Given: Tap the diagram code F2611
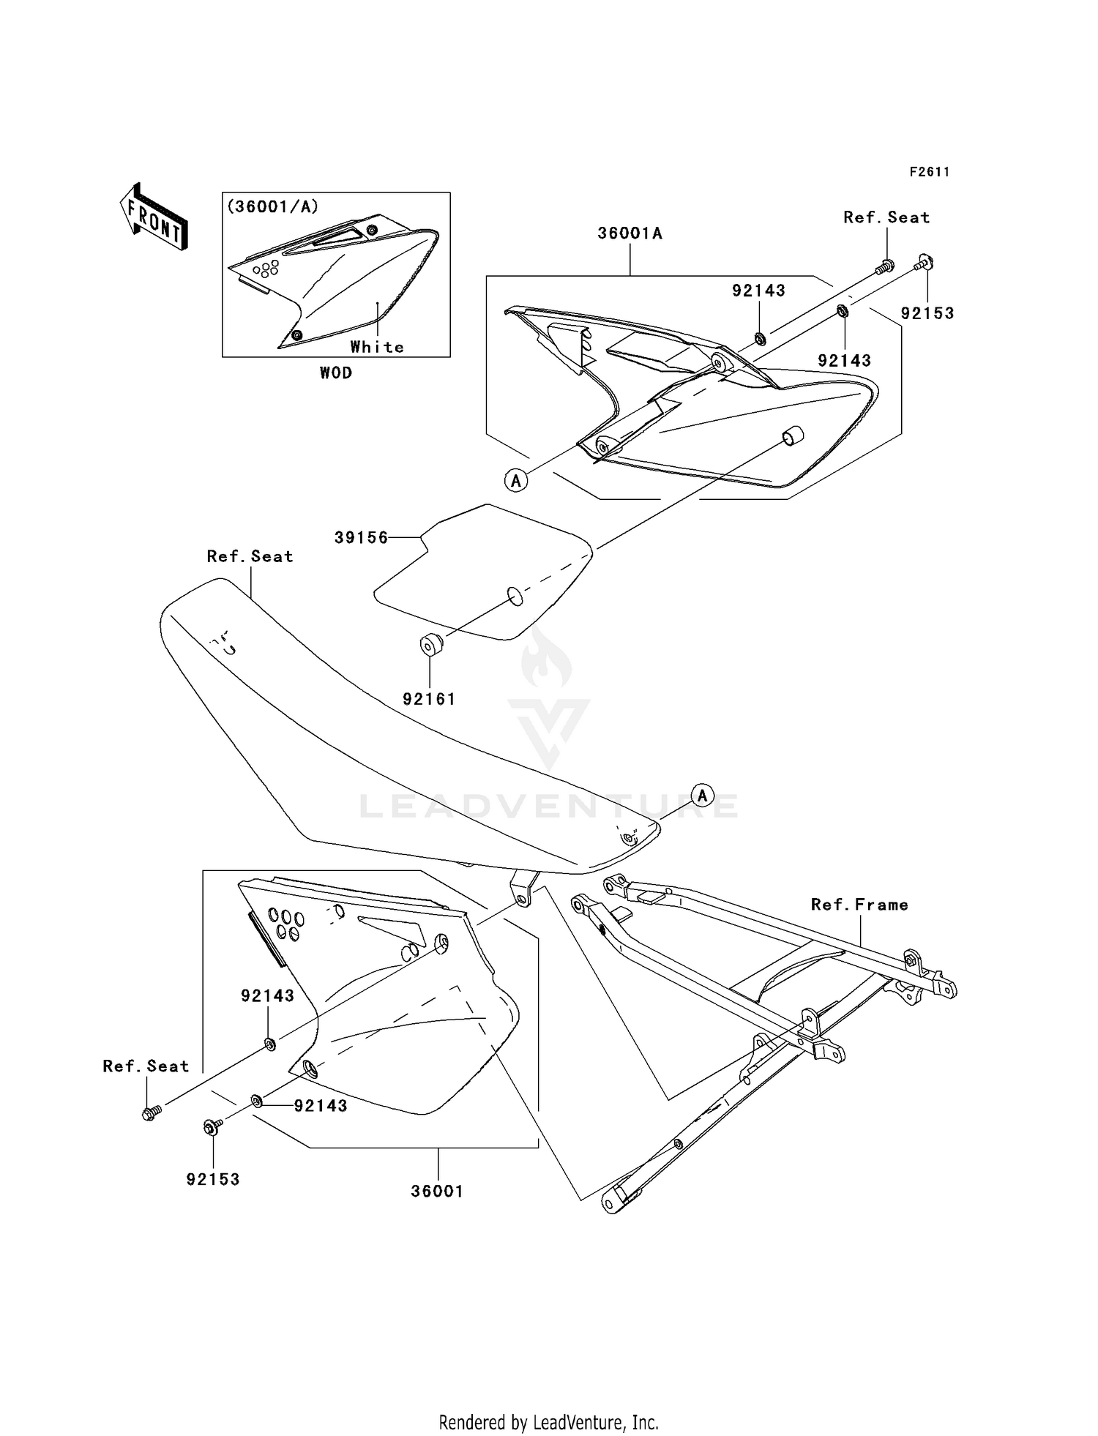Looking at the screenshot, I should point(929,172).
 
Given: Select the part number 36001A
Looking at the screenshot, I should point(630,233).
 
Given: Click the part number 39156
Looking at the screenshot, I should point(361,538).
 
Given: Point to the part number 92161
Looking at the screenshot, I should point(429,699).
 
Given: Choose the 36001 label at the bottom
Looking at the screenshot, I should point(437,1191).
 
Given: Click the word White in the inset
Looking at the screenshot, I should point(376,347).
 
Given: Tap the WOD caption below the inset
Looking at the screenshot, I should point(336,373).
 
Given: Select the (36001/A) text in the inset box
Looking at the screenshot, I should point(273,207).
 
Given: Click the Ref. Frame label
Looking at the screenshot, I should point(859,905).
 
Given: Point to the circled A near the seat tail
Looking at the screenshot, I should point(702,795).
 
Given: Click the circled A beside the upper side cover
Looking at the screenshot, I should point(516,480).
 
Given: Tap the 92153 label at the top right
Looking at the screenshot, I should point(927,313).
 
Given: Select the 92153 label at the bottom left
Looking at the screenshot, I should point(213,1179).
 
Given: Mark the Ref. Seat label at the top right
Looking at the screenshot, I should point(886,217).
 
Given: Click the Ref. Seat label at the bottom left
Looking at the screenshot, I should point(146,1066).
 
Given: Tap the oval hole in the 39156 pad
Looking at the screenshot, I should point(515,597).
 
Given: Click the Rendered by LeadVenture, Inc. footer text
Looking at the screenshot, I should point(548,1422).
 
